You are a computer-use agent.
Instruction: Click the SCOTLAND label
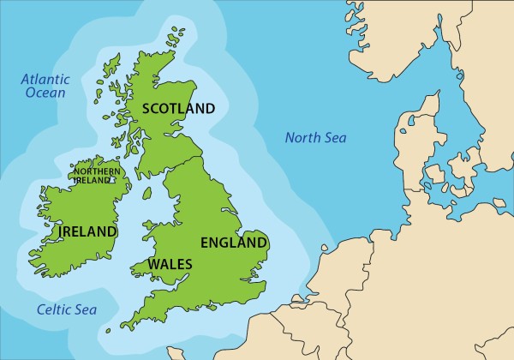point(178,108)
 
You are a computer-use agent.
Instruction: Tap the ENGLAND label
point(234,243)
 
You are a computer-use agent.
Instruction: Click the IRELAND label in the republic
point(88,231)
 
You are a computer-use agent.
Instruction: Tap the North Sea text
point(315,137)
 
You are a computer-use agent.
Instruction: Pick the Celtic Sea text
point(66,309)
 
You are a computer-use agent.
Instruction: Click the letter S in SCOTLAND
point(146,108)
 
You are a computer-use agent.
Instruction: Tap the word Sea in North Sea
point(335,137)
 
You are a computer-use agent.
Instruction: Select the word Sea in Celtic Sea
point(85,309)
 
